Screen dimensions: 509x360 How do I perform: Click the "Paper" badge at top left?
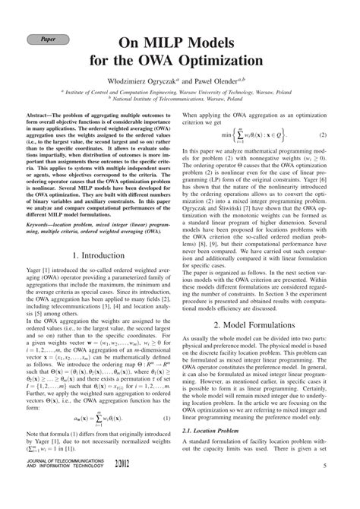pyautogui.click(x=47, y=39)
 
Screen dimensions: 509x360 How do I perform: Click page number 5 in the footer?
pyautogui.click(x=324, y=487)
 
